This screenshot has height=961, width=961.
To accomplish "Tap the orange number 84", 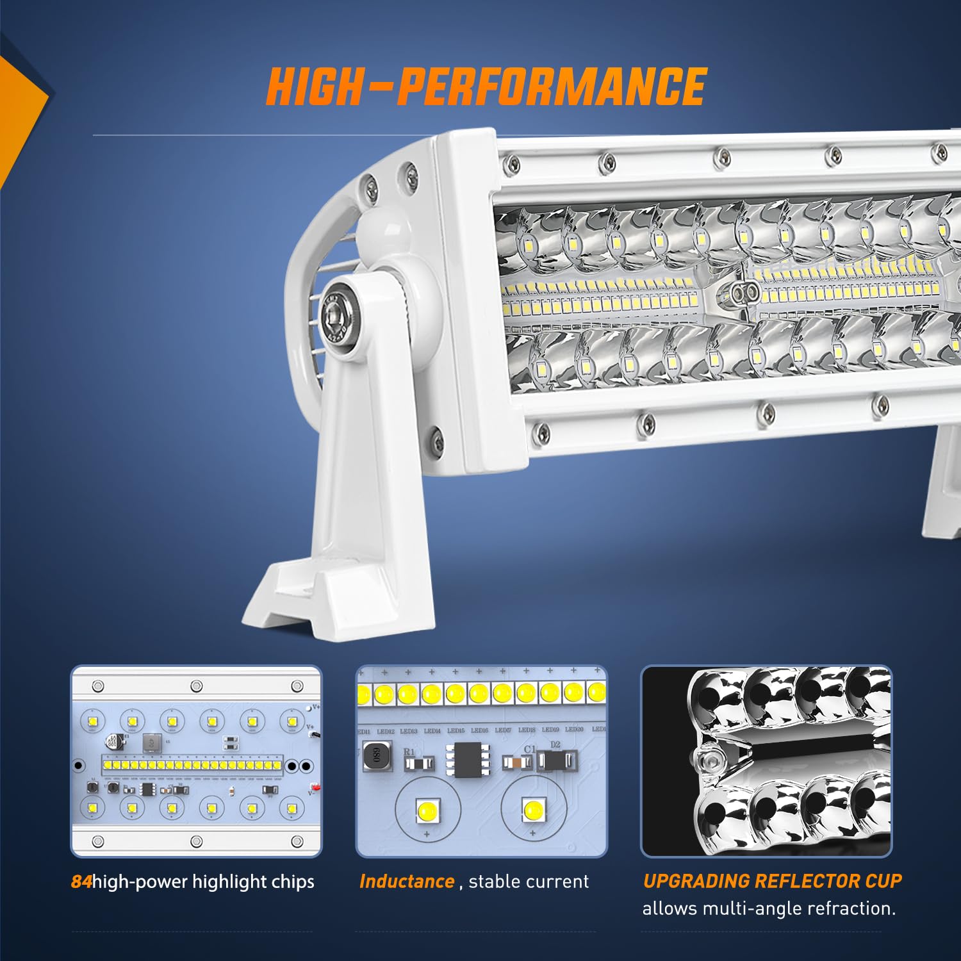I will [81, 882].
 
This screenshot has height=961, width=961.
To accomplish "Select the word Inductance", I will [407, 882].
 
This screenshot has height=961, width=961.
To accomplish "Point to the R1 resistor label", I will [409, 752].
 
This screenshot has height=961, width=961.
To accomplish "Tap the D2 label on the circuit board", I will [555, 744].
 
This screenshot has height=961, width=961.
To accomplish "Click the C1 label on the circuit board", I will [529, 749].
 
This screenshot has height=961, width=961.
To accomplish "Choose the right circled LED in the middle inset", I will [532, 810].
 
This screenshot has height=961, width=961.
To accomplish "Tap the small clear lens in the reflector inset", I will [707, 762].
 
